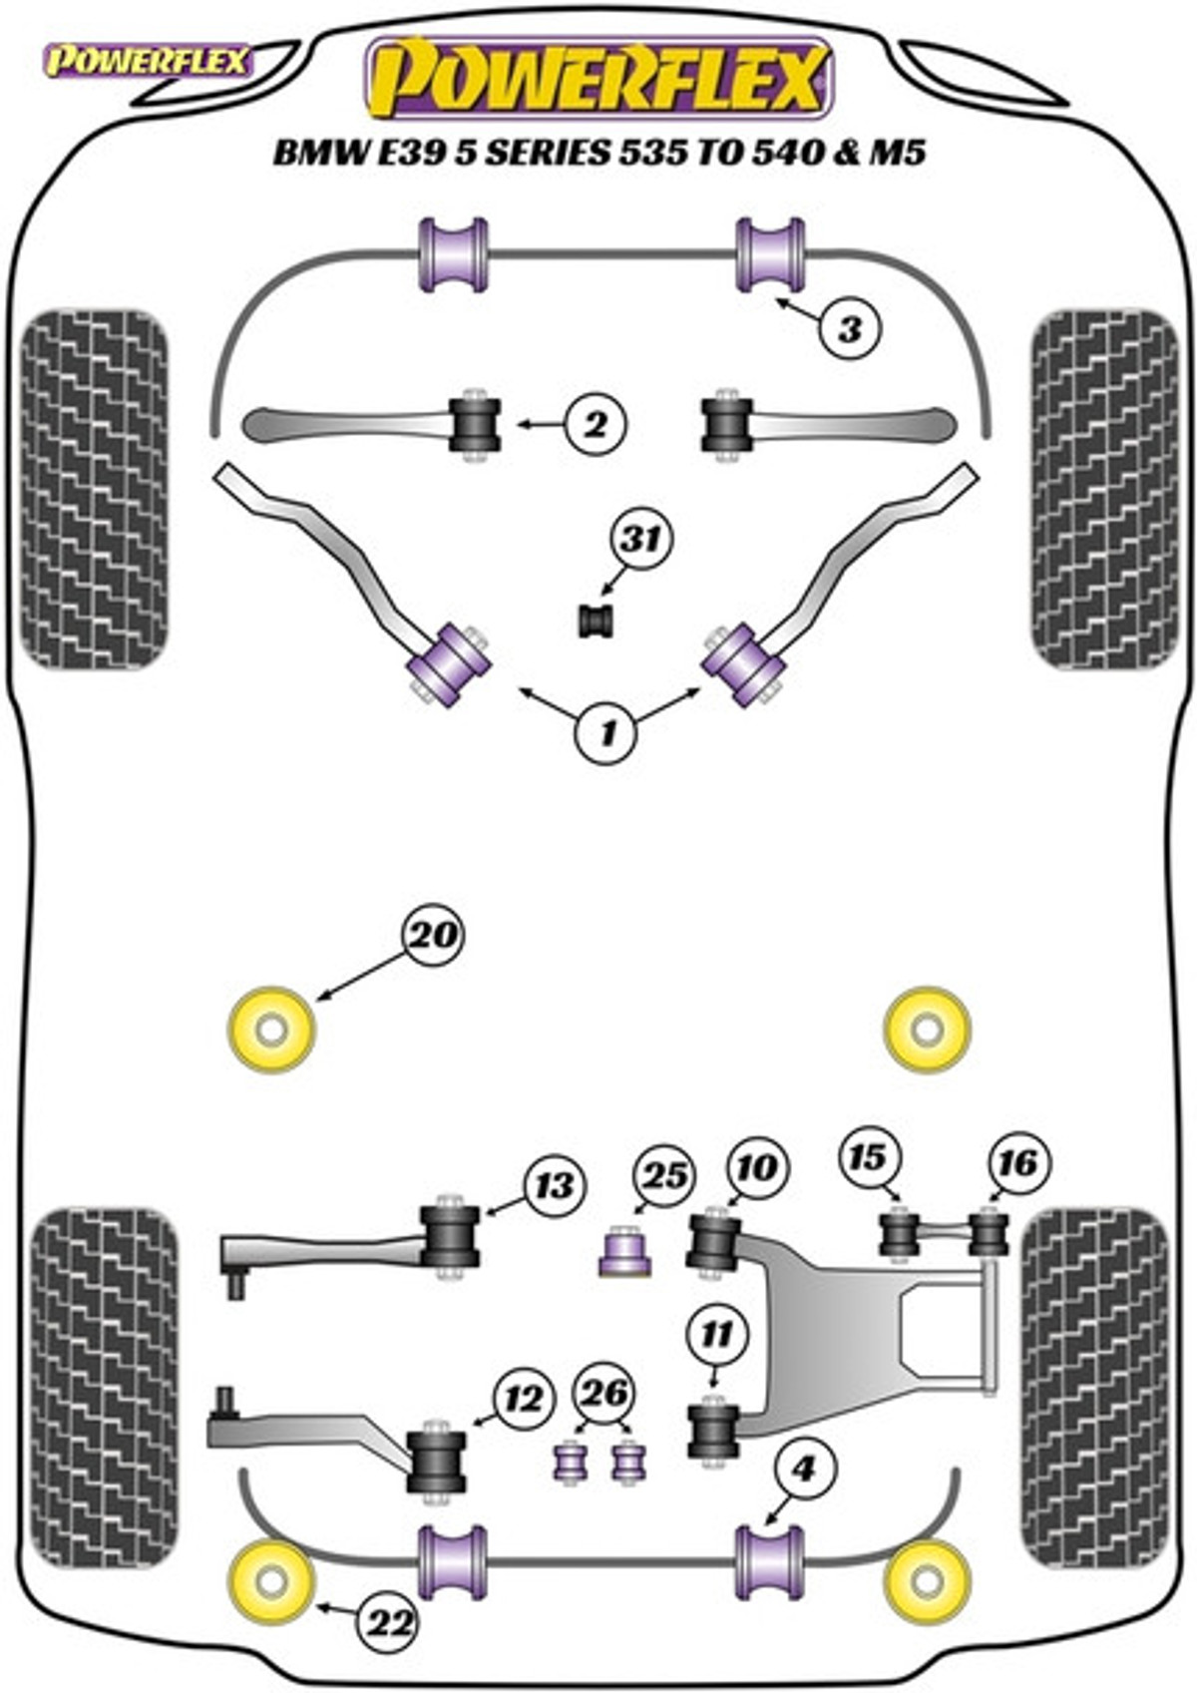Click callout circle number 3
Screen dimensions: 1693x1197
click(x=850, y=328)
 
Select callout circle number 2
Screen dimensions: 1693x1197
click(x=596, y=425)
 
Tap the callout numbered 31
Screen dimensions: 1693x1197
click(x=641, y=540)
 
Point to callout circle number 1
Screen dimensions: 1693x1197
click(x=607, y=733)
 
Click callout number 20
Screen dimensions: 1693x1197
click(x=434, y=936)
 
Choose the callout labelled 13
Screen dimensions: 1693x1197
click(x=555, y=1184)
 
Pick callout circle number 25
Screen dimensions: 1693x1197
click(x=664, y=1176)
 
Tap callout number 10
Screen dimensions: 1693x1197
click(x=757, y=1165)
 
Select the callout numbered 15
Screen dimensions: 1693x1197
click(x=868, y=1157)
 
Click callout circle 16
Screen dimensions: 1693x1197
click(x=1017, y=1161)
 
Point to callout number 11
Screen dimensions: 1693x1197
click(x=717, y=1334)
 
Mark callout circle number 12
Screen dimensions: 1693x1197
click(x=525, y=1399)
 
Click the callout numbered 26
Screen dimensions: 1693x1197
click(x=604, y=1394)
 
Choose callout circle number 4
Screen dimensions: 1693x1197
click(x=803, y=1469)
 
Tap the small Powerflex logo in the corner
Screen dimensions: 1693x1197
click(x=147, y=62)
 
